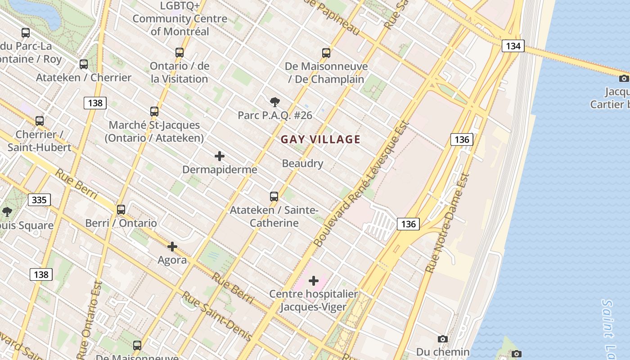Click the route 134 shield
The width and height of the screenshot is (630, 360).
(x=513, y=46)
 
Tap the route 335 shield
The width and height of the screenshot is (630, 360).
(x=39, y=199)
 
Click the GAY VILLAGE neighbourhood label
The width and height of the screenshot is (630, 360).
(x=320, y=139)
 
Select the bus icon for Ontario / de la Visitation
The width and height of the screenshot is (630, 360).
(x=180, y=52)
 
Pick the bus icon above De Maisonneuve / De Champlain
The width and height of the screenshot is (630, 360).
(x=326, y=53)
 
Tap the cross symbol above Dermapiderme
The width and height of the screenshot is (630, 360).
(x=220, y=156)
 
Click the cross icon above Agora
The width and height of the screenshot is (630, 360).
(x=172, y=247)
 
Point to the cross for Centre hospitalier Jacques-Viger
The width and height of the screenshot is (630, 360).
(x=314, y=281)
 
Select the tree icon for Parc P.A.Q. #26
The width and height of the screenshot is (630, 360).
(x=274, y=102)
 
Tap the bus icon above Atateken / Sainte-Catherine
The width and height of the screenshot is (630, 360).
(x=274, y=196)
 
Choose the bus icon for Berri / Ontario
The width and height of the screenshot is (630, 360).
(x=121, y=209)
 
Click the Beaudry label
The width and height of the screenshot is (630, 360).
(x=302, y=163)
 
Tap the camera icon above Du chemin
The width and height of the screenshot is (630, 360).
(x=443, y=339)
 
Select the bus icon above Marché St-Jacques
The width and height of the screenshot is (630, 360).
(x=154, y=111)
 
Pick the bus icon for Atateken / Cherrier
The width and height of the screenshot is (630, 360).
(x=84, y=64)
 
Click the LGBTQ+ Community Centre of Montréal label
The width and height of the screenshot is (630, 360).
(x=180, y=19)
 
